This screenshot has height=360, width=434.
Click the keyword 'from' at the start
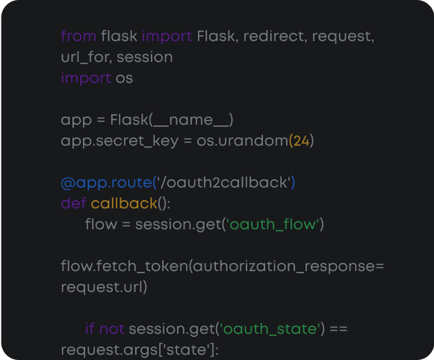78,36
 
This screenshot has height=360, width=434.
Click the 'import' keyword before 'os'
85,78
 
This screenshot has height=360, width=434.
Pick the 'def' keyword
73,203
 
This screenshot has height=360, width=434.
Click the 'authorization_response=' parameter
287,266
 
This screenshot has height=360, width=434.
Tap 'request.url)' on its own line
104,287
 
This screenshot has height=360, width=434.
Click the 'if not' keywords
105,329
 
